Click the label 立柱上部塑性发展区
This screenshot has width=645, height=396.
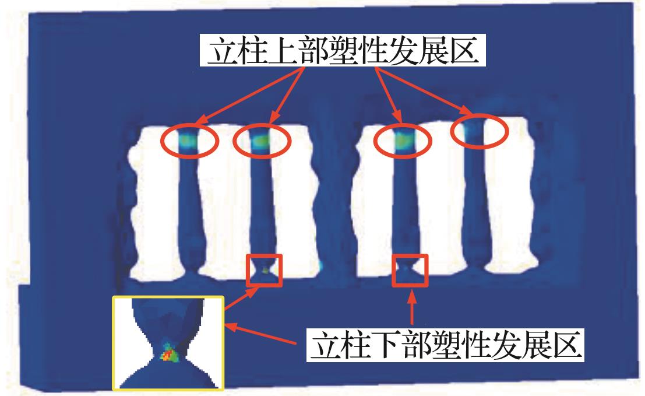point(343,51)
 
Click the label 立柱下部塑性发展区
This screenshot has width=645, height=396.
point(446,345)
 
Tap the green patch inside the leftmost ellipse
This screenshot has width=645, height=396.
point(188,141)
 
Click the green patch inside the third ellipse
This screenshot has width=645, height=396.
point(402,141)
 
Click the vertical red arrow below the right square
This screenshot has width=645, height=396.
point(412,307)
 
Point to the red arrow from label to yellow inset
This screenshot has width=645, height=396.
point(261,334)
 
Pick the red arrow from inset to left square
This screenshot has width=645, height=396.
point(241,298)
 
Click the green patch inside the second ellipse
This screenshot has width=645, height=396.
point(261,141)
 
